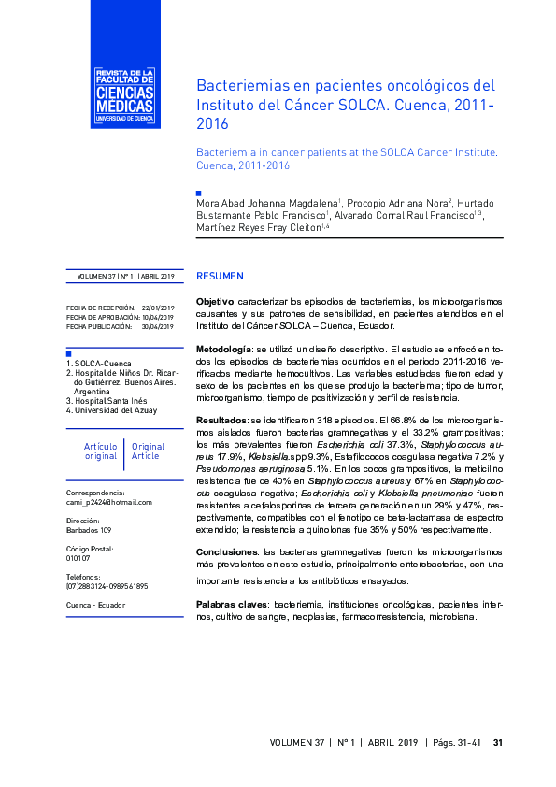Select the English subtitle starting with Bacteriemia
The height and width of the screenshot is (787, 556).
click(346, 157)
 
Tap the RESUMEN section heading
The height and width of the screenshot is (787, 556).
click(220, 277)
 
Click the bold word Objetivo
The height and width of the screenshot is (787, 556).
click(215, 302)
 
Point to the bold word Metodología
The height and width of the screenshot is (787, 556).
click(222, 349)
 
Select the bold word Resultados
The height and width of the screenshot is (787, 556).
click(221, 419)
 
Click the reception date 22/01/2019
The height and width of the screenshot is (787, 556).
click(157, 308)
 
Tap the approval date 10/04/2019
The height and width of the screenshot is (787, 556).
click(157, 317)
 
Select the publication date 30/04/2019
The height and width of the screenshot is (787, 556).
click(157, 326)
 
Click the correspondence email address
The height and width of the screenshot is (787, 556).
click(108, 502)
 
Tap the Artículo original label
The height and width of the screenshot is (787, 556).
click(101, 452)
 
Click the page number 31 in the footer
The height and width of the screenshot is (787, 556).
click(498, 743)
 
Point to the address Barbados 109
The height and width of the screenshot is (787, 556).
click(90, 530)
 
